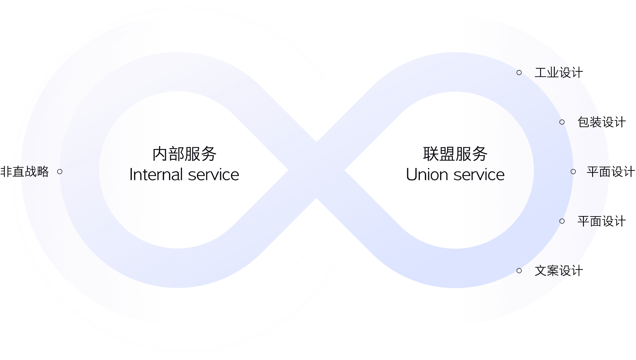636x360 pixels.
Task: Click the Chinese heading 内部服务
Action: click(x=184, y=154)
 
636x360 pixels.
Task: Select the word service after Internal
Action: click(x=214, y=175)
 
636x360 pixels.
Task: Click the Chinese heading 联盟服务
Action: click(x=455, y=154)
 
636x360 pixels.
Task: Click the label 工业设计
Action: click(x=558, y=73)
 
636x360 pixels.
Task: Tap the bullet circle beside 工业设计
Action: click(x=519, y=73)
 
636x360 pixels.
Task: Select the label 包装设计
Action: click(x=601, y=122)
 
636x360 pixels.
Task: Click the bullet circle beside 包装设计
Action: click(x=562, y=122)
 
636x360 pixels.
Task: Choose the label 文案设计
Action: click(x=558, y=271)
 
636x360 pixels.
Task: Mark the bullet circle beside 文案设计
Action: click(x=519, y=271)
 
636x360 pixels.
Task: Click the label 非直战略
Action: click(x=25, y=171)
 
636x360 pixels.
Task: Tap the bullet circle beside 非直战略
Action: click(x=60, y=171)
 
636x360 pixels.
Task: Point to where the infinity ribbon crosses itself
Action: click(x=316, y=170)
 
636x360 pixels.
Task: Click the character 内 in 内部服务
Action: click(x=160, y=154)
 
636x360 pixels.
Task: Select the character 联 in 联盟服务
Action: click(x=431, y=154)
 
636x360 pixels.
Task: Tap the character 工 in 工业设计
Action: click(x=541, y=73)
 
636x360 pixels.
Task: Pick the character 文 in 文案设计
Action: click(x=541, y=271)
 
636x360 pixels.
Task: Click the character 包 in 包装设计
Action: click(x=584, y=122)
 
